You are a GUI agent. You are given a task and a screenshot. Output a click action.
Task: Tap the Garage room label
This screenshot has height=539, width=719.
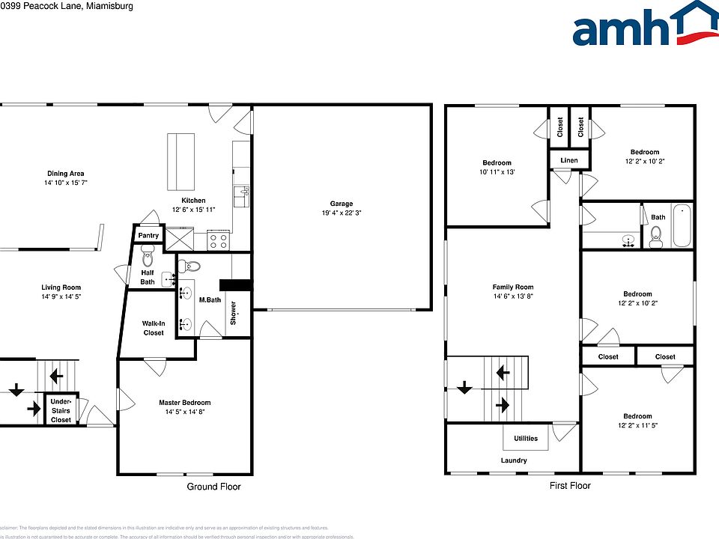point(342,204)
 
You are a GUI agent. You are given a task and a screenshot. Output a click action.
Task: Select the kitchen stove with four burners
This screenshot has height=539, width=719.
point(217,241)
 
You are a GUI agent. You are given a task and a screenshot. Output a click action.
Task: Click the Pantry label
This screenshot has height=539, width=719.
point(148,235)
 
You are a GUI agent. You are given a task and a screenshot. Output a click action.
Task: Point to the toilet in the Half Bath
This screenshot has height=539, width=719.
point(147,258)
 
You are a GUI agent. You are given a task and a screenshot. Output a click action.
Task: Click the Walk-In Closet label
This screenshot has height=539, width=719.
point(153,328)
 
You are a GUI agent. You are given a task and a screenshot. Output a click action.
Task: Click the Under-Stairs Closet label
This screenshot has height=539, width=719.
point(61,411)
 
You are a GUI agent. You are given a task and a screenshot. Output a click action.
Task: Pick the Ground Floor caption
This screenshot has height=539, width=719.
point(213,487)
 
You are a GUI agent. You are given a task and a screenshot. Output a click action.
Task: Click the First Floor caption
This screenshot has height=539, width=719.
point(569,486)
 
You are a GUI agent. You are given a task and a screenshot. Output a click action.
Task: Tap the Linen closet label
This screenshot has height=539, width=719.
point(569,159)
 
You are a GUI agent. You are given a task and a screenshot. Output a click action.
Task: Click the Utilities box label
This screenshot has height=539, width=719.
point(524,439)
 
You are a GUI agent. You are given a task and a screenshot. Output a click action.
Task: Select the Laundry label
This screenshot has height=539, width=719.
point(514,460)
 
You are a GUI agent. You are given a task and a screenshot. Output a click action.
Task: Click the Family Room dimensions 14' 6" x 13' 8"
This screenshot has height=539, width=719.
point(513,296)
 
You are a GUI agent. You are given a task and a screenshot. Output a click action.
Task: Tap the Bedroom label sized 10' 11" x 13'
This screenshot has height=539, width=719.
point(497,163)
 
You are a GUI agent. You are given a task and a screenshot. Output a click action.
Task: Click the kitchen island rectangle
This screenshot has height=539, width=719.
point(180,162)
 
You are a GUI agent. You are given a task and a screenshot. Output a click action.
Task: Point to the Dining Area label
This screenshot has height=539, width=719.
point(66,174)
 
